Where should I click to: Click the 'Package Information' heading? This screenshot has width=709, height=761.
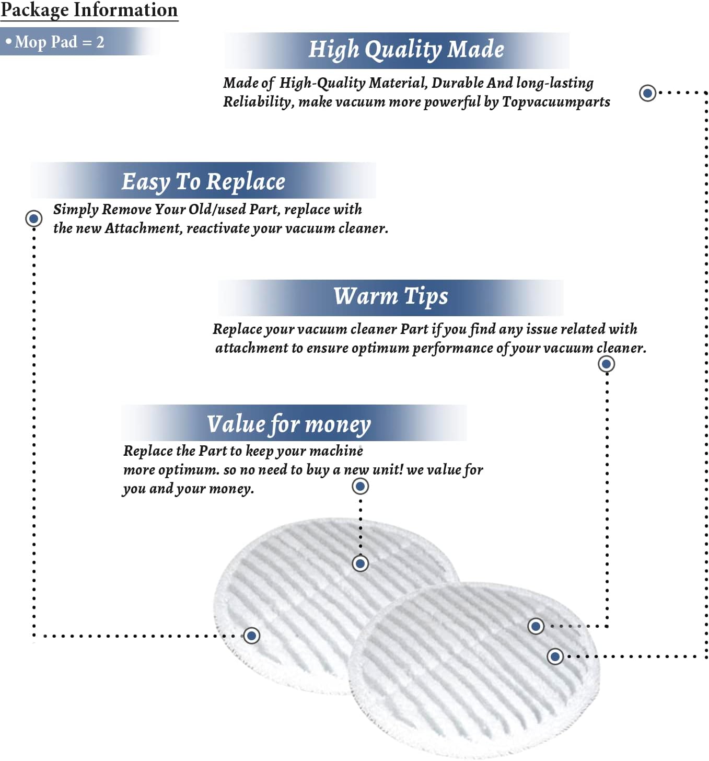coord(89,10)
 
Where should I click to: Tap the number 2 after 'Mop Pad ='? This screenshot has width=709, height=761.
coord(100,42)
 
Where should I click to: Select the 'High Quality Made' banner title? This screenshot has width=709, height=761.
coord(406,50)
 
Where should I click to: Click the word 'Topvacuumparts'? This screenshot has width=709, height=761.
coord(556,102)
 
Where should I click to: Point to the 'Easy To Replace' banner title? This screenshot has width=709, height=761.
coord(203,182)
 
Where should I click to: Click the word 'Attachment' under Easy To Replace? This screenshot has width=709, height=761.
coord(144,228)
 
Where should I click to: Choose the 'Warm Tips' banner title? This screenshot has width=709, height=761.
coord(390,296)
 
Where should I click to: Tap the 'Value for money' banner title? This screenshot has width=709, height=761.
coord(288,424)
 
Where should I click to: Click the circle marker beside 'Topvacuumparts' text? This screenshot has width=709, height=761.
coord(647,93)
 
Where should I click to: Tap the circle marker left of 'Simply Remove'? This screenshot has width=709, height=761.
coord(34,219)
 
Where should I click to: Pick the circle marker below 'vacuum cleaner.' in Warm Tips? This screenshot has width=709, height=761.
coord(606,364)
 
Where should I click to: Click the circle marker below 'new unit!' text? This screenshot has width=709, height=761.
coord(360,486)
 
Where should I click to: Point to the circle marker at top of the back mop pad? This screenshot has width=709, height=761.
coord(360,563)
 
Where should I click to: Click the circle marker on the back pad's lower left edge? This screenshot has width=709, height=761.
coord(251,636)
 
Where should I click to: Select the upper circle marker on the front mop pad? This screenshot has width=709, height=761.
coord(536,626)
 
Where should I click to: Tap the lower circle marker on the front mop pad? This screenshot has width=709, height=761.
coord(554,656)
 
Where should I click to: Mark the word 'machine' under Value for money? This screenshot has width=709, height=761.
coord(336,451)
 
